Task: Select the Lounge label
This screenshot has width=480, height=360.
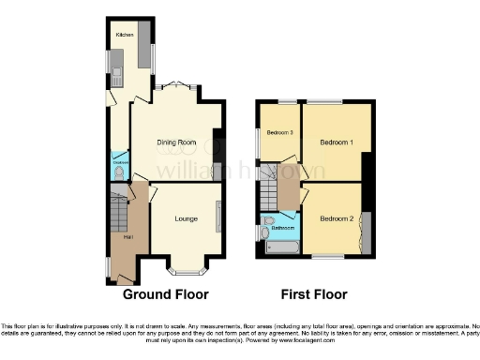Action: [x=186, y=218]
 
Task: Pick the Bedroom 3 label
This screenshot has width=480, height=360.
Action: [x=278, y=132]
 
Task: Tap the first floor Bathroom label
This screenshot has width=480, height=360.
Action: [x=281, y=228]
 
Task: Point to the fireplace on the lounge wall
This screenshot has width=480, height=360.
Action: [x=219, y=217]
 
